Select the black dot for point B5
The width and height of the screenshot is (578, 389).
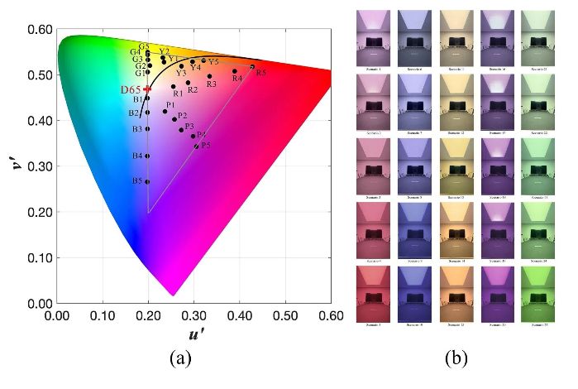(148, 181)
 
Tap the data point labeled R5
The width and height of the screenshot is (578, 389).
(252, 67)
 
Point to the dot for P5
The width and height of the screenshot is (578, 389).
(196, 146)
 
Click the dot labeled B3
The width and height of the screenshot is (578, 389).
(148, 129)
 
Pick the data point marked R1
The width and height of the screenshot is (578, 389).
(173, 86)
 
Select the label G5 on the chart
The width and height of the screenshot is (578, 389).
(144, 47)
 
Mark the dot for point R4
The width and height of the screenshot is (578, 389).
(235, 71)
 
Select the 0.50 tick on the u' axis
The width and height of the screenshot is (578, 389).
(285, 315)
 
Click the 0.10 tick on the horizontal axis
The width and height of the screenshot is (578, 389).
(103, 315)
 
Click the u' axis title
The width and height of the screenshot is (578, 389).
(193, 334)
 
